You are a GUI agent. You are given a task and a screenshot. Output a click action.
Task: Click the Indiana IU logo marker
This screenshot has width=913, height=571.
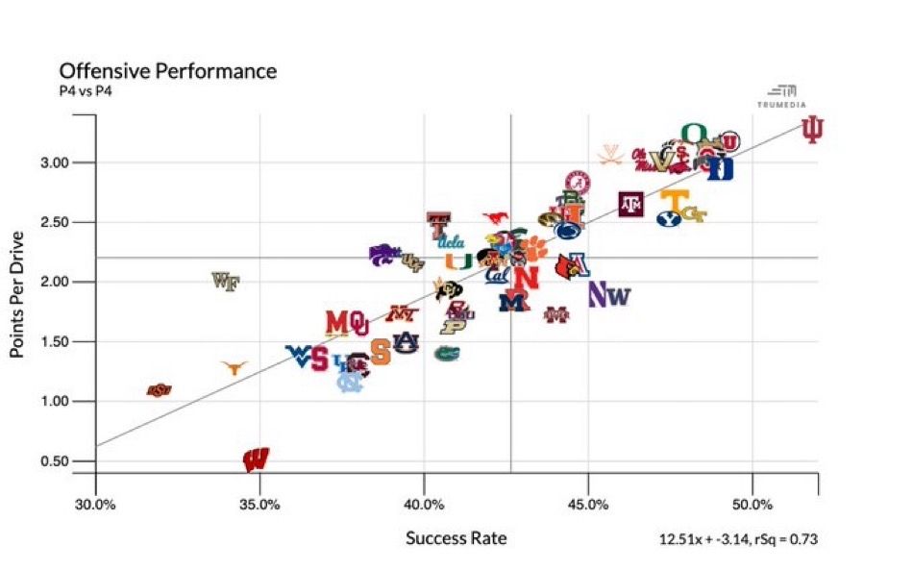tap(813, 131)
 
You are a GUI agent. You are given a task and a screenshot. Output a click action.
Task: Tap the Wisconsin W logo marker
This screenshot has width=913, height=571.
tap(256, 459)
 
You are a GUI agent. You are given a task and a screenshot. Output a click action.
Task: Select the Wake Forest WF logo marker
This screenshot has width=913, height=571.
tap(225, 282)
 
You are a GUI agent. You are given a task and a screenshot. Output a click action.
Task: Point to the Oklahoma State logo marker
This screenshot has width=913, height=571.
tap(159, 389)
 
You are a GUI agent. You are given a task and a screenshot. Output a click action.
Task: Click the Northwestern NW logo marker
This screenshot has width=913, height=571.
tap(608, 295)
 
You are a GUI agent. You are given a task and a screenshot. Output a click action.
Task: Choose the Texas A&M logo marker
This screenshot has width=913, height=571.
tap(631, 204)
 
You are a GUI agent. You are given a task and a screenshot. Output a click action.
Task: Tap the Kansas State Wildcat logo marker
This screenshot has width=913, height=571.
tap(383, 254)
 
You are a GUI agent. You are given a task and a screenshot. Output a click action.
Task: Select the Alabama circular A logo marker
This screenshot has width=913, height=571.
tap(578, 182)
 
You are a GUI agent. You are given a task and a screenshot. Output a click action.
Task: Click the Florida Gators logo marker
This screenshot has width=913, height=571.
tap(446, 353)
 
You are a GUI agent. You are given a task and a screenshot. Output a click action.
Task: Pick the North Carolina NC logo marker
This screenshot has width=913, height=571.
tap(351, 383)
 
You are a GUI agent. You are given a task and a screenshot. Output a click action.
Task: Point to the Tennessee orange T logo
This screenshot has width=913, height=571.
tap(675, 200)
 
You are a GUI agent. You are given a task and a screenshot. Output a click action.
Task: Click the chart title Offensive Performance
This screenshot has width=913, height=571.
tap(167, 71)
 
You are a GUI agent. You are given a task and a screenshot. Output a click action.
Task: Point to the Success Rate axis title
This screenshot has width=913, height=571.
tap(456, 537)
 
